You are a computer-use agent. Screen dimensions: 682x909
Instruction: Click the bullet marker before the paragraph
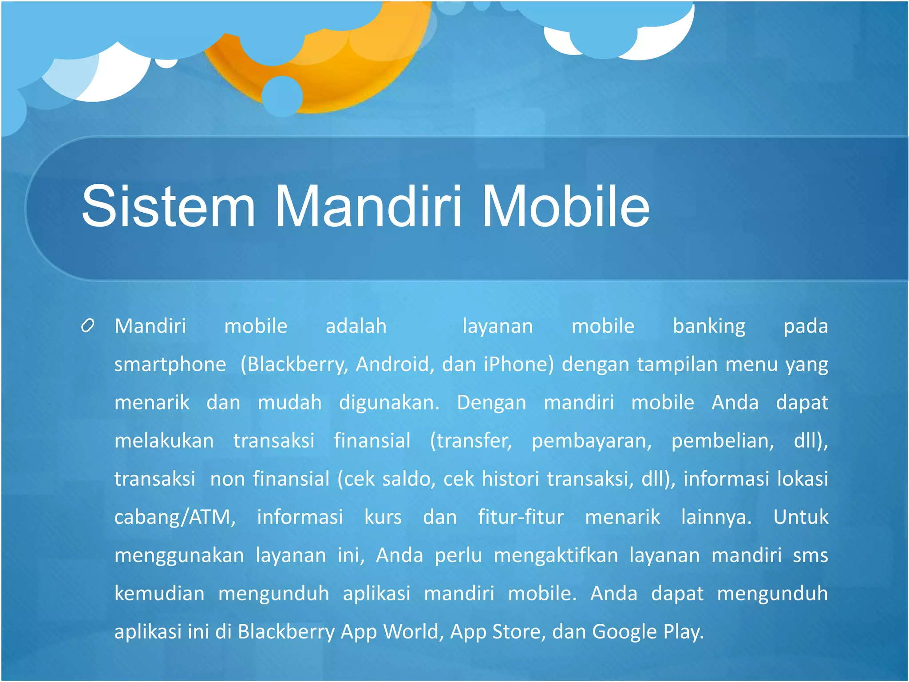(x=88, y=325)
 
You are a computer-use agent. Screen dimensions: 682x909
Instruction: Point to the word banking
(x=709, y=327)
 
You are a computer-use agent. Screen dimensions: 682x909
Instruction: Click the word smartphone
(x=170, y=365)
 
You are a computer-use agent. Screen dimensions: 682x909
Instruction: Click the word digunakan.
(x=389, y=403)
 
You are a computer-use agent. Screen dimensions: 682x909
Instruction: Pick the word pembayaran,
(x=592, y=441)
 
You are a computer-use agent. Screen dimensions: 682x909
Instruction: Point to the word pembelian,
(x=723, y=441)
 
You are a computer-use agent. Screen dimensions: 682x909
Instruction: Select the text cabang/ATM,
(x=175, y=518)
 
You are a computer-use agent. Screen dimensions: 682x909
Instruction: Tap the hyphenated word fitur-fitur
(x=521, y=517)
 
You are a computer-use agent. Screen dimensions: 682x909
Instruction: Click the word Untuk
(x=801, y=517)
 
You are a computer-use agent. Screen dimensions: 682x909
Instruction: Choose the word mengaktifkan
(x=556, y=556)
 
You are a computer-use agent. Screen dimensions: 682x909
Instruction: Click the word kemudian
(x=159, y=594)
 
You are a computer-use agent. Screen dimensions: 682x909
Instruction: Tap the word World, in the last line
(x=414, y=632)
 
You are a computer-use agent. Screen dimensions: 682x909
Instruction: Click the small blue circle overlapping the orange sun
(x=282, y=96)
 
